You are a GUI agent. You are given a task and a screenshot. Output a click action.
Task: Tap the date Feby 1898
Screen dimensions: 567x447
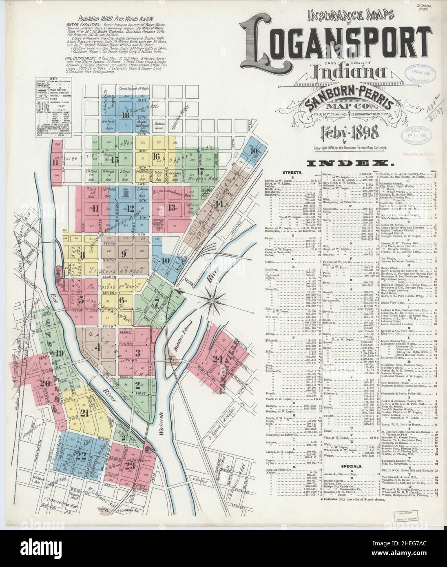coord(345,133)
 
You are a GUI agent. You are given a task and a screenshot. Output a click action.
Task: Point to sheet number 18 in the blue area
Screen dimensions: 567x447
coord(126,115)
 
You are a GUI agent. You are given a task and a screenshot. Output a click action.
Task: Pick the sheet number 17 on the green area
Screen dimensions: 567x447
coord(200,171)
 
